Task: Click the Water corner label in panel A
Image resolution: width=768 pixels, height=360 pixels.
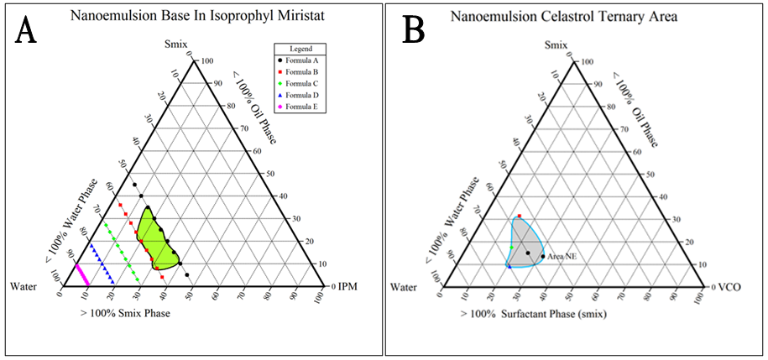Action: click(24, 287)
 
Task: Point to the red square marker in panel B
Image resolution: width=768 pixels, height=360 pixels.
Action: click(520, 217)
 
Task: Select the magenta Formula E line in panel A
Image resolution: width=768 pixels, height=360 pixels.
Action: click(82, 274)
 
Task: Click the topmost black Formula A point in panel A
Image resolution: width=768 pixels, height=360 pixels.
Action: click(133, 185)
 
